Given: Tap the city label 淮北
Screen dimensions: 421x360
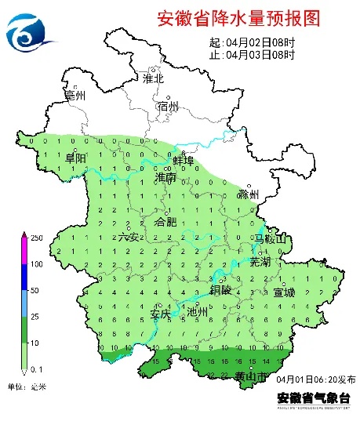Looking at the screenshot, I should (153, 78).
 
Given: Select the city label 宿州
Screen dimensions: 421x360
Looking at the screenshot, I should (168, 106).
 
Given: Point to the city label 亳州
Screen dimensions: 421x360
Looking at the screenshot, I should (76, 96).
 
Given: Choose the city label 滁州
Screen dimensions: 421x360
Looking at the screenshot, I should (249, 194).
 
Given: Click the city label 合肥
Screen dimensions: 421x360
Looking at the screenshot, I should (167, 222).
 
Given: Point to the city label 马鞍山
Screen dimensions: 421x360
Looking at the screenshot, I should (271, 238).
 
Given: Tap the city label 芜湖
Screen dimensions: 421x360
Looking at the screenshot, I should (259, 261).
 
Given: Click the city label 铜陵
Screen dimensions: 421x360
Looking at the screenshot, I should (221, 289).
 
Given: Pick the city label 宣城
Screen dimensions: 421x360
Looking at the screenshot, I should (284, 292).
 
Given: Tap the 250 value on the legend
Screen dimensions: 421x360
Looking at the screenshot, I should (36, 237).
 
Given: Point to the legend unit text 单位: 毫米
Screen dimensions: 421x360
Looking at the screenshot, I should (27, 387).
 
